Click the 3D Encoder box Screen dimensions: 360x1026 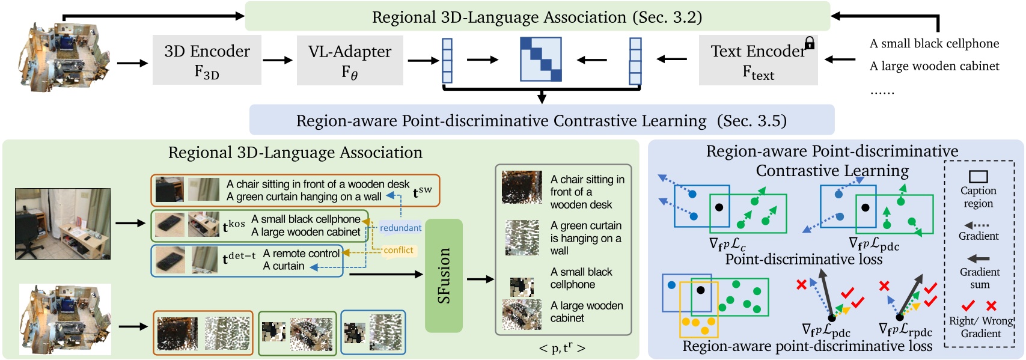207,60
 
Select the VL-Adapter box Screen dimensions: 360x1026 350,60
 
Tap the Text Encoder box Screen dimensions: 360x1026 758,60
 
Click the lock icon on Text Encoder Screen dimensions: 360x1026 810,43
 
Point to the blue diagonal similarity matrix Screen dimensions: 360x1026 540,59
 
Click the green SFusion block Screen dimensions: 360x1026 444,276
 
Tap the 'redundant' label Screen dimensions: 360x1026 400,228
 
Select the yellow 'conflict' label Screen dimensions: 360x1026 398,250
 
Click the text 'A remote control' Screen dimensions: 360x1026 301,254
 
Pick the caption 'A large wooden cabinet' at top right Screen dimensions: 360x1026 934,66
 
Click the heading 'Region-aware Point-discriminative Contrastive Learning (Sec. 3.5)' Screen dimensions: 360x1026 541,121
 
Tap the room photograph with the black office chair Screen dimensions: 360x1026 63,224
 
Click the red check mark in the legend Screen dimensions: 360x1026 968,306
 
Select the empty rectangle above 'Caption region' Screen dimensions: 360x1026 979,176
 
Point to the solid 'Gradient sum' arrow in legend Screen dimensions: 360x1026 979,258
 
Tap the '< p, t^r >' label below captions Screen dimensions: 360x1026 561,348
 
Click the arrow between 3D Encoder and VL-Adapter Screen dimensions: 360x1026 278,60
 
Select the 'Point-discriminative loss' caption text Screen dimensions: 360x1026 804,259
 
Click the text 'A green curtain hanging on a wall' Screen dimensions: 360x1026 304,197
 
